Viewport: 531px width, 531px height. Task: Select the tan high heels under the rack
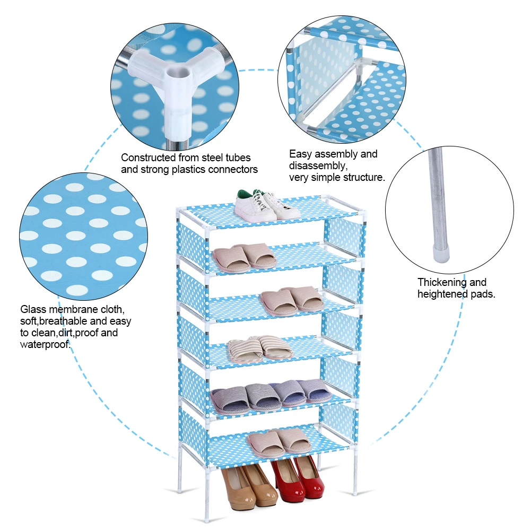point(249,485)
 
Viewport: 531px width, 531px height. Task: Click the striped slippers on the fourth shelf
point(260,348)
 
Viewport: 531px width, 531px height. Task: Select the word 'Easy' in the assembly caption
point(300,154)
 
